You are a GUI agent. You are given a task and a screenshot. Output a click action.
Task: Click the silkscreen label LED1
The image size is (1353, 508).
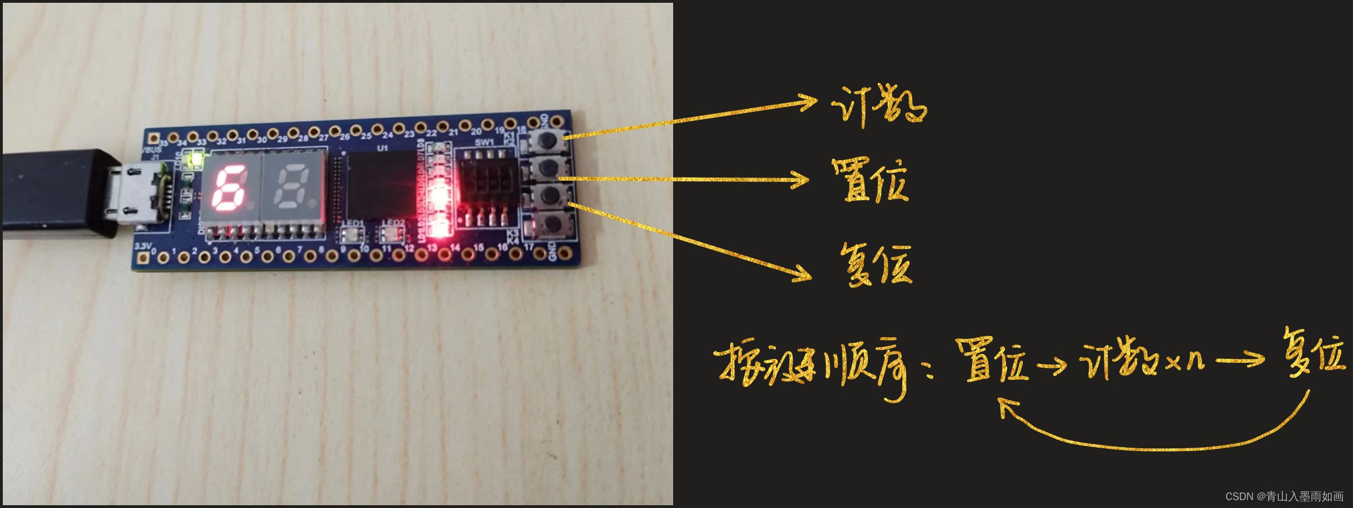(x=352, y=223)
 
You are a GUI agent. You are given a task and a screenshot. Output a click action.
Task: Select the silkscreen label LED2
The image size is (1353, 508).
(x=393, y=223)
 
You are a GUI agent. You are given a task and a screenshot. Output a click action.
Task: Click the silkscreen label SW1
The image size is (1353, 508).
(x=484, y=142)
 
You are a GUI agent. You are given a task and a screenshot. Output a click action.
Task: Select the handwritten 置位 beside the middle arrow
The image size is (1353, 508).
(x=870, y=180)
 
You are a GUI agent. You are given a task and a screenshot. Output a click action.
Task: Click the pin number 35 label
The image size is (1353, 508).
(x=163, y=143)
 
